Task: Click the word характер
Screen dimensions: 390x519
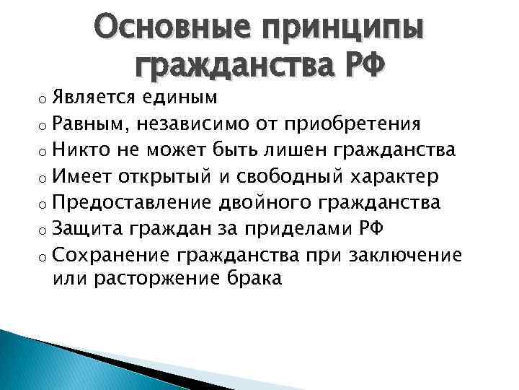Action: click(x=405, y=175)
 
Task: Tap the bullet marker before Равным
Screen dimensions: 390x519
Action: click(x=45, y=125)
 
